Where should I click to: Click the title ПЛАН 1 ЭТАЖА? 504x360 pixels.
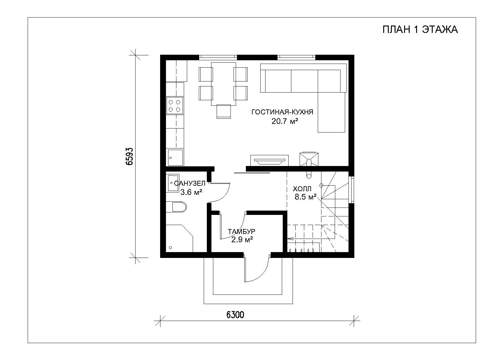coord(420,30)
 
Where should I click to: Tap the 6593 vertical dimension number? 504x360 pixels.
coord(130,156)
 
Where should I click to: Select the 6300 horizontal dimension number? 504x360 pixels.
coord(235,315)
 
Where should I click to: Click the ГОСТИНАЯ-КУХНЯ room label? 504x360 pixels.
coord(282,112)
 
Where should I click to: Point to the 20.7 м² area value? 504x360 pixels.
coord(285,121)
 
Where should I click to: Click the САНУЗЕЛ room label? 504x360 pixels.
coord(190,183)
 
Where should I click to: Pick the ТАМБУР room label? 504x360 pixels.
coord(242,231)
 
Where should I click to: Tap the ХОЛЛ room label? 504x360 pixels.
coord(302,188)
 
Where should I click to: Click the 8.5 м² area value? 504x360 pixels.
coord(305,197)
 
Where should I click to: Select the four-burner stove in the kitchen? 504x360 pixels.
coord(175,106)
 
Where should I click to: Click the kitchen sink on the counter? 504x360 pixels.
coord(175,157)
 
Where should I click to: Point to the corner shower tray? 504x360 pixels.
coord(179,238)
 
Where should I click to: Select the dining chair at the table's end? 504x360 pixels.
coord(224,112)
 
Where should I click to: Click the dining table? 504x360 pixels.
coord(223,84)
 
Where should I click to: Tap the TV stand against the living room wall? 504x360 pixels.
coord(269,160)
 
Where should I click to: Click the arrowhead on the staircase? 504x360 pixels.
coord(290,238)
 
